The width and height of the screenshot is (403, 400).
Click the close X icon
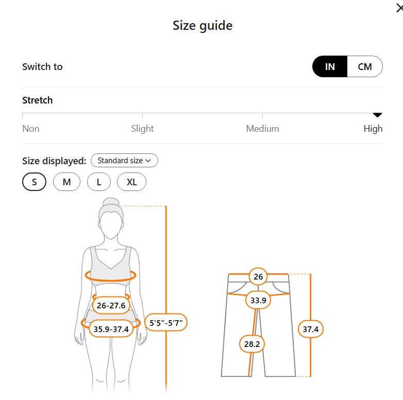(400, 8)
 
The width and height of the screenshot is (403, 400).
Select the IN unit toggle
(330, 66)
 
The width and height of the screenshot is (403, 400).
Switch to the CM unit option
(365, 66)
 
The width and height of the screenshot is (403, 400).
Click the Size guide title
(203, 25)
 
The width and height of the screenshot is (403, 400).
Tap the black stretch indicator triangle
(377, 115)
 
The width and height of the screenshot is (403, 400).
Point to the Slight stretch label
(142, 128)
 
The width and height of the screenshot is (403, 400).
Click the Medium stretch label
(262, 128)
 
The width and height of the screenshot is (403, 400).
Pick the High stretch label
(373, 129)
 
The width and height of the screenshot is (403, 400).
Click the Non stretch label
(31, 128)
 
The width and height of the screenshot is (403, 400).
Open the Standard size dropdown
(124, 161)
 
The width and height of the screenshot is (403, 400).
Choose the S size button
(34, 182)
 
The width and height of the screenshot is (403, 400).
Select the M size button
(66, 182)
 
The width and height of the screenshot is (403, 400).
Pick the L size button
(99, 182)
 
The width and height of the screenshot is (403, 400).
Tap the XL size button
(131, 182)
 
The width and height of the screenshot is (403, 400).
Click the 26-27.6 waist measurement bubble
(111, 305)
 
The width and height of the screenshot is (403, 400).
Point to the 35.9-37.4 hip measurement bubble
(111, 329)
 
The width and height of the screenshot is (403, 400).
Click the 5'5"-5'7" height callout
(166, 322)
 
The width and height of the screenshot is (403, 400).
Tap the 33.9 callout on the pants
(258, 300)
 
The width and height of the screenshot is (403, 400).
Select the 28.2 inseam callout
(252, 344)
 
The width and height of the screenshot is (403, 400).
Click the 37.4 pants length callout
(310, 329)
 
